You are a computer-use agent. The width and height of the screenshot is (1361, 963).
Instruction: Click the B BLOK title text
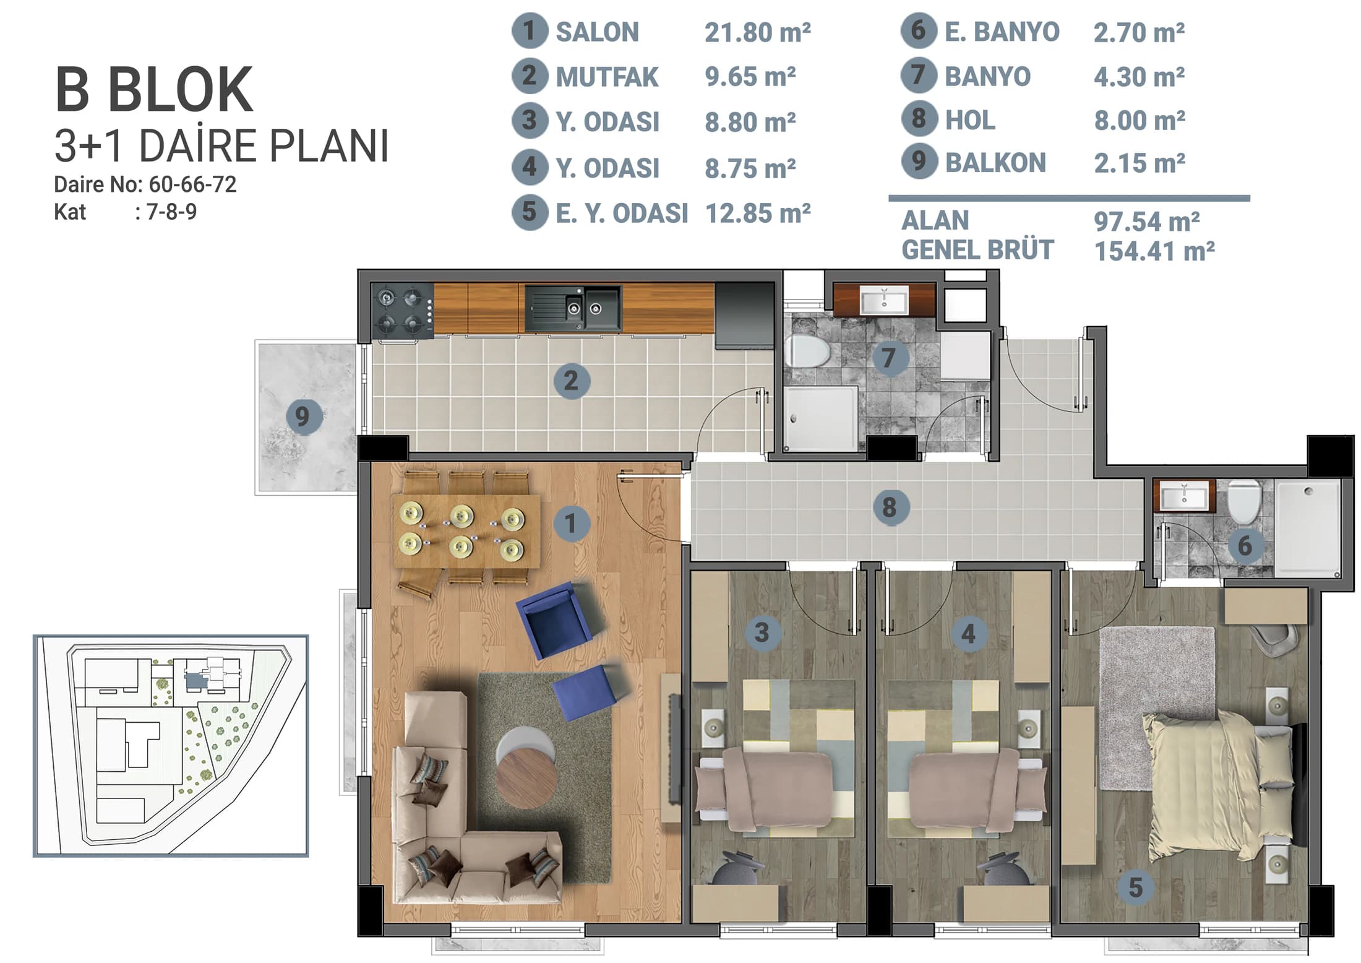[x=154, y=90]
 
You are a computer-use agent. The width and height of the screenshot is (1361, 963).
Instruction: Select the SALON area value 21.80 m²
[x=758, y=32]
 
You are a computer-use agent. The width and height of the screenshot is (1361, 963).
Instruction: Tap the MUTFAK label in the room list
[x=607, y=77]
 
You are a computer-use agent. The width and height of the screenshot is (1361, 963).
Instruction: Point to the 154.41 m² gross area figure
[x=1154, y=251]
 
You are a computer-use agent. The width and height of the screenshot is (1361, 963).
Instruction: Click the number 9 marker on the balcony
[x=303, y=415]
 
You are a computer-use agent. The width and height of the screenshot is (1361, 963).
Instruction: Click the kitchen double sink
[x=573, y=308]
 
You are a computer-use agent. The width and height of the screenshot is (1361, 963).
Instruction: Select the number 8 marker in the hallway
[x=890, y=507]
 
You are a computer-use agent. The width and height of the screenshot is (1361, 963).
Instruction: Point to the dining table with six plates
[x=466, y=530]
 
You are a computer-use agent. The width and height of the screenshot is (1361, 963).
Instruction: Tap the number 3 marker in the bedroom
[x=762, y=633]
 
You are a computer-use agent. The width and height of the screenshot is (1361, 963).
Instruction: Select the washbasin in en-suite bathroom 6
[x=1184, y=496]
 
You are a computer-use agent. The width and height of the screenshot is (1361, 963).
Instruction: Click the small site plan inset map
[x=171, y=746]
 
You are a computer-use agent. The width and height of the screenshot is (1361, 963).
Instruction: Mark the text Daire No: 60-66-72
[x=145, y=184]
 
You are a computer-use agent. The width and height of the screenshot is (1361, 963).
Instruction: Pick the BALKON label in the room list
[x=995, y=163]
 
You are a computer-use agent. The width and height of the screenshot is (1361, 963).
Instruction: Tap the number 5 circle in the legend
[x=530, y=212]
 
